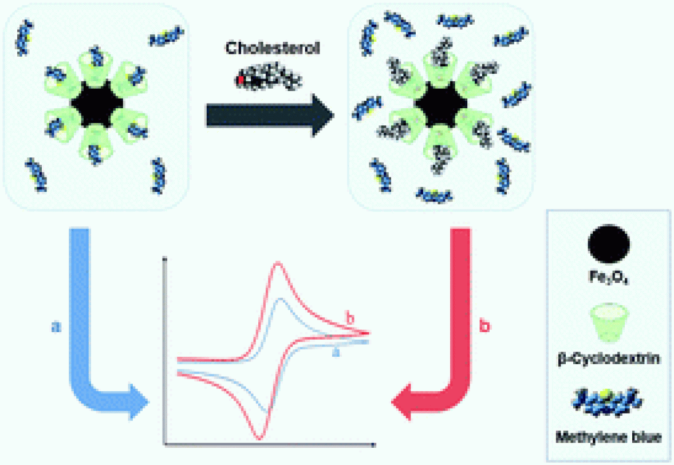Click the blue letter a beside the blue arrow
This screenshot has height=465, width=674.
tap(56, 326)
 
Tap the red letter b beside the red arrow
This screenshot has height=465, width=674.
tap(484, 326)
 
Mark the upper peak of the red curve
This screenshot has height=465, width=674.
tap(278, 263)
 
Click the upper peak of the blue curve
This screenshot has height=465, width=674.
tap(279, 299)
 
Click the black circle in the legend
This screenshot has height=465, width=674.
tap(609, 243)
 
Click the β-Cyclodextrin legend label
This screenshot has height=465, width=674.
tap(609, 360)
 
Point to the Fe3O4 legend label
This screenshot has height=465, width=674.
tap(609, 277)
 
